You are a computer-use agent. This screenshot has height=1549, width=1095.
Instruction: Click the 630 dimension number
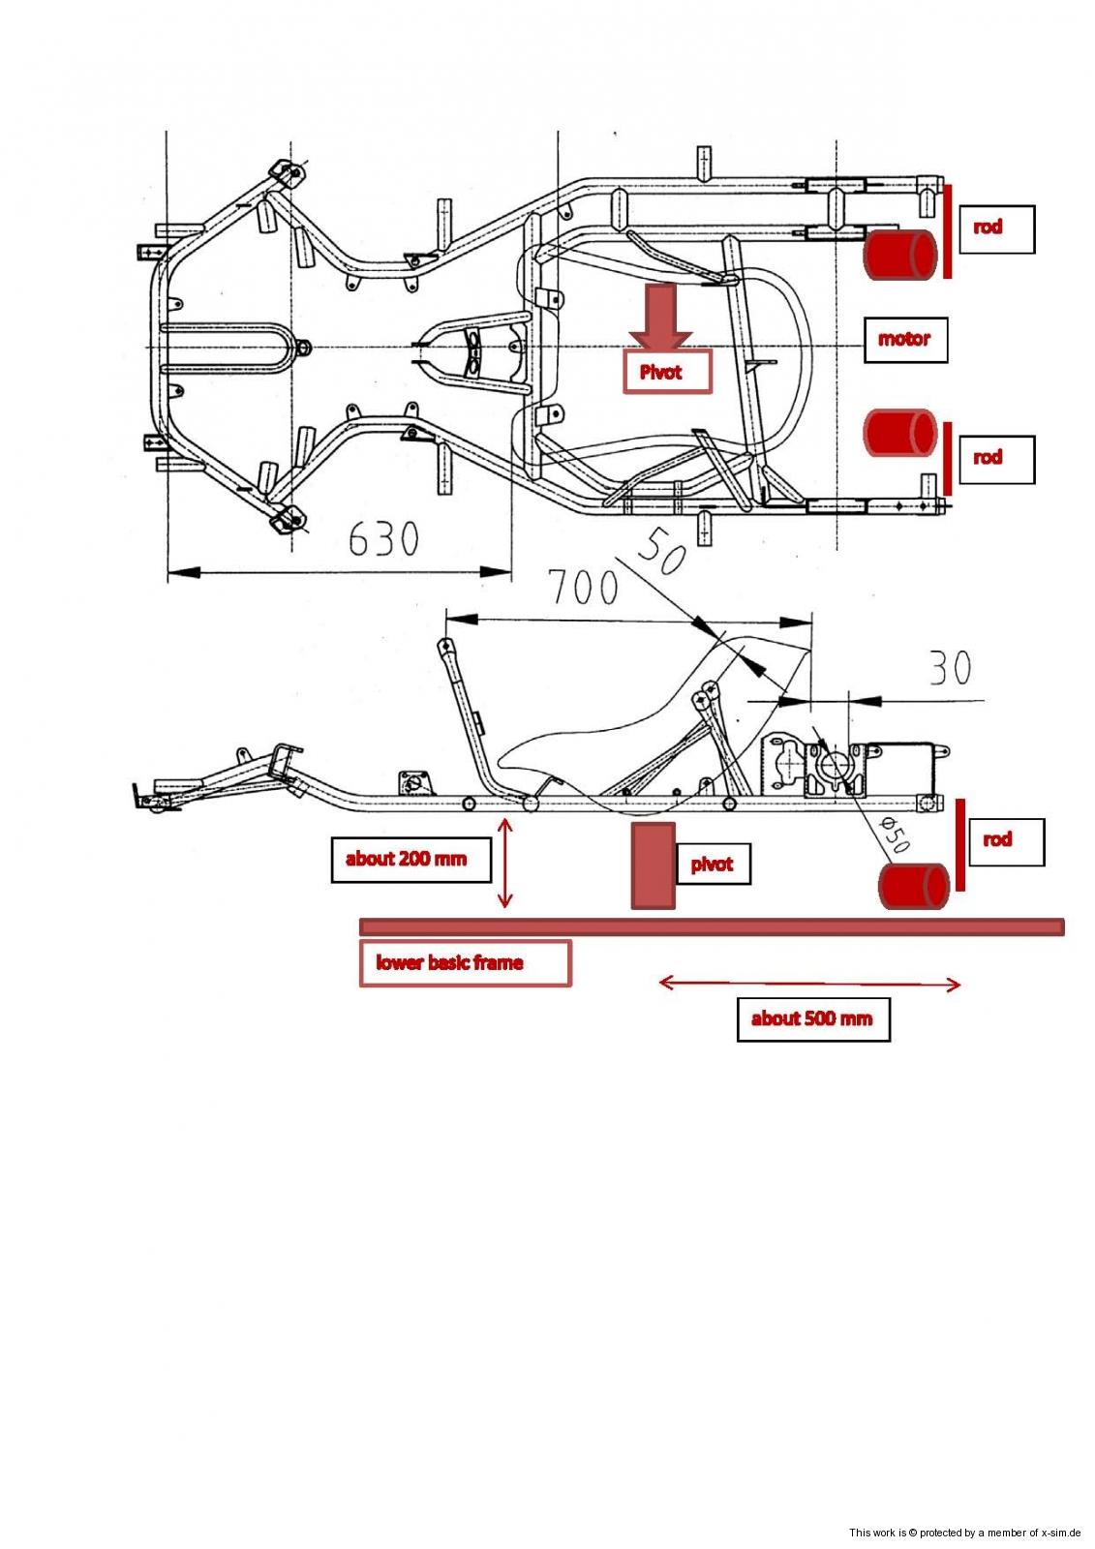[383, 538]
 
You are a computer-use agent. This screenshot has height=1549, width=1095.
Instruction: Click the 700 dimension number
[583, 588]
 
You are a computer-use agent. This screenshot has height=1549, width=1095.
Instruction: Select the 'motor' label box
[904, 340]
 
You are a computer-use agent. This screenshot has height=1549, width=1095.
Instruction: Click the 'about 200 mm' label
[406, 859]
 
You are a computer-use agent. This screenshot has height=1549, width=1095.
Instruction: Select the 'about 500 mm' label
[812, 1018]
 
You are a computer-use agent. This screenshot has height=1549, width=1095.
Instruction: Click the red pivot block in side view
[653, 866]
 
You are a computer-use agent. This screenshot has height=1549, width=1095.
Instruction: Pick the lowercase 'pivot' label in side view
[712, 865]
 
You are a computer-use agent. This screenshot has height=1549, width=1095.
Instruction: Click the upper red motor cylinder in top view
[900, 256]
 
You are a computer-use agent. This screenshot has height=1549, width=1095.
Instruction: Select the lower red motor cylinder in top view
[900, 432]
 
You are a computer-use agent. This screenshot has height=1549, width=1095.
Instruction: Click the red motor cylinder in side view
[913, 887]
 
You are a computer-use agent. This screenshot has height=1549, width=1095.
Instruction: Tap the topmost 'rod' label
[988, 228]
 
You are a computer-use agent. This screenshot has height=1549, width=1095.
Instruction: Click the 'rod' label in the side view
[997, 840]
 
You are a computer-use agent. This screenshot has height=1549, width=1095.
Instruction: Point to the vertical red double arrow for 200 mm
[503, 863]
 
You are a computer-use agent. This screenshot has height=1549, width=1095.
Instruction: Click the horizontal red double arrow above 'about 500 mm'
[809, 985]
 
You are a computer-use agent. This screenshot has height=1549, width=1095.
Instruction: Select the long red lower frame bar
[712, 926]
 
